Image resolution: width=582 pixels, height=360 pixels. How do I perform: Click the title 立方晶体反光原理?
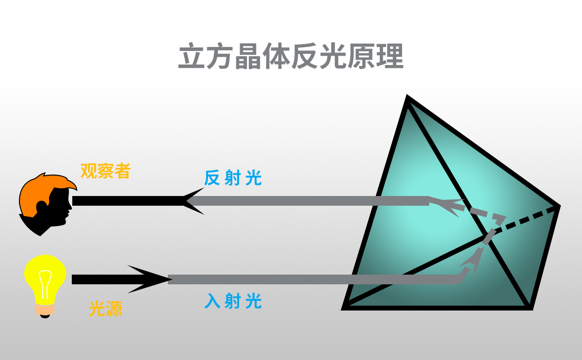(291, 57)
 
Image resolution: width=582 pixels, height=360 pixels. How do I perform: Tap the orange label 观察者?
(105, 171)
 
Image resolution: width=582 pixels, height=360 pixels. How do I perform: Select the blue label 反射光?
(233, 178)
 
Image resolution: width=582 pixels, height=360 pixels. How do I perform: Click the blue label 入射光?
(233, 301)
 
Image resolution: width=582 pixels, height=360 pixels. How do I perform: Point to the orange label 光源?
(105, 309)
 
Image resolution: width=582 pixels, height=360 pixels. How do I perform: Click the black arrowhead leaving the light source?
(148, 279)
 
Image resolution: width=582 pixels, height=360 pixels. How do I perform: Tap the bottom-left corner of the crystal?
(345, 307)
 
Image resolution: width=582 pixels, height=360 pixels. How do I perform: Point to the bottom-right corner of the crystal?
(530, 307)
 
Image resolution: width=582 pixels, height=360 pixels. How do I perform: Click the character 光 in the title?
(333, 57)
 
